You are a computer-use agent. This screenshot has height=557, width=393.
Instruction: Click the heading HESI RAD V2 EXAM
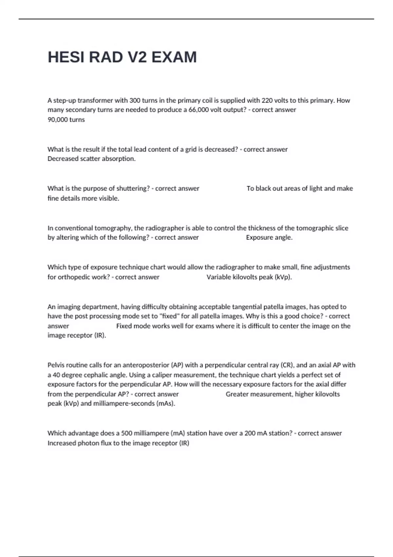(122, 57)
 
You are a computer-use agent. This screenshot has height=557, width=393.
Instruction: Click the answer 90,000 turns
(66, 120)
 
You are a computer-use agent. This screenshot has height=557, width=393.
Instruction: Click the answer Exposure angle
(269, 238)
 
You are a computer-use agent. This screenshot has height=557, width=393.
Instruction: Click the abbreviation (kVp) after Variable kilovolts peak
(283, 277)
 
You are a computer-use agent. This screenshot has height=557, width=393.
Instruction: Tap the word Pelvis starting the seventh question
(57, 365)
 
